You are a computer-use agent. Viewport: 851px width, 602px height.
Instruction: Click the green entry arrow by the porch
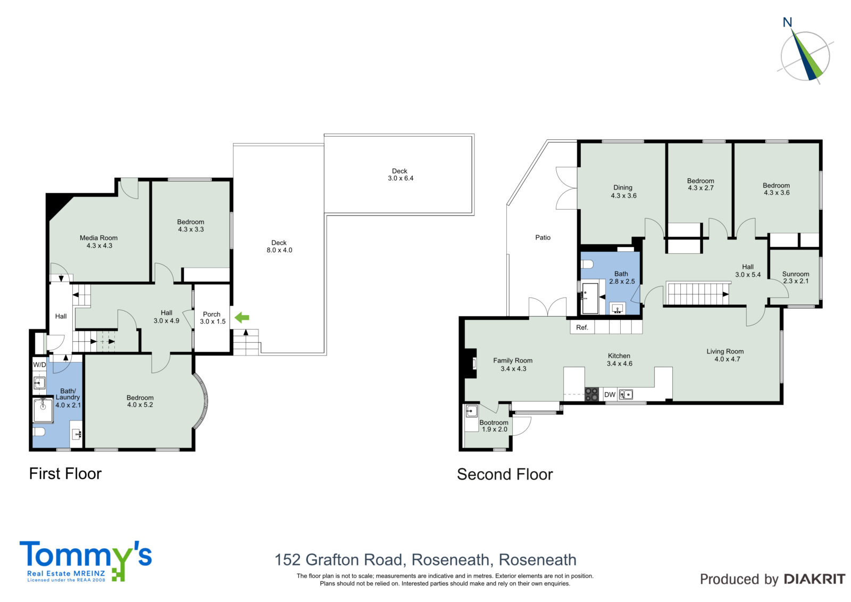point(241,318)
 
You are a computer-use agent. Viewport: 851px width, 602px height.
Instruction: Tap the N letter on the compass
point(787,22)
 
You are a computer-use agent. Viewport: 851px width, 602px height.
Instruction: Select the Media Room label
point(99,238)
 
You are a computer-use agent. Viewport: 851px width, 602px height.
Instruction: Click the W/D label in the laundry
point(39,365)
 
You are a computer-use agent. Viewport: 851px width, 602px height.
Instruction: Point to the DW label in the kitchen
point(610,395)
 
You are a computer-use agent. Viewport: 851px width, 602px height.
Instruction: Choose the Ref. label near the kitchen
point(582,327)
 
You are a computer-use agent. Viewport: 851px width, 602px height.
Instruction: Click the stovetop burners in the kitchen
point(591,394)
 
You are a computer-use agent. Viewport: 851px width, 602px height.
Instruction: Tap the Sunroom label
point(796,274)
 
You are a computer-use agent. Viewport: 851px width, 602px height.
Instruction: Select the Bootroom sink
point(471,411)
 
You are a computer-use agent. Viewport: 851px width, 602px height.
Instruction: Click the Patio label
point(543,238)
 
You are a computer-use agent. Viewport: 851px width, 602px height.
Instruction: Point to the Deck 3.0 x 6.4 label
point(400,175)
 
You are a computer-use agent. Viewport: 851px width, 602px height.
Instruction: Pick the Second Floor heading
point(505,475)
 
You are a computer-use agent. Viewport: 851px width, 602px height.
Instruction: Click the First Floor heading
point(65,474)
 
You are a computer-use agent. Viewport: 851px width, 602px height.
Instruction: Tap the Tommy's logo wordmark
point(86,555)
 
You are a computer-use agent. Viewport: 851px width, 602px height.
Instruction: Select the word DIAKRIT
point(814,579)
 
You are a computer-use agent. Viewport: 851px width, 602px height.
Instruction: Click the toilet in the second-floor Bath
point(587,265)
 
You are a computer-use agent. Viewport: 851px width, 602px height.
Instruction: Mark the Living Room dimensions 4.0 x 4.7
point(727,359)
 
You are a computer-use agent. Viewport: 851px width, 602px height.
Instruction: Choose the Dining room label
point(623,187)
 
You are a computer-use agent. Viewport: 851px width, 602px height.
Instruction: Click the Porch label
point(212,315)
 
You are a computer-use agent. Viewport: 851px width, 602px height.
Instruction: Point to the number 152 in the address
point(288,560)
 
